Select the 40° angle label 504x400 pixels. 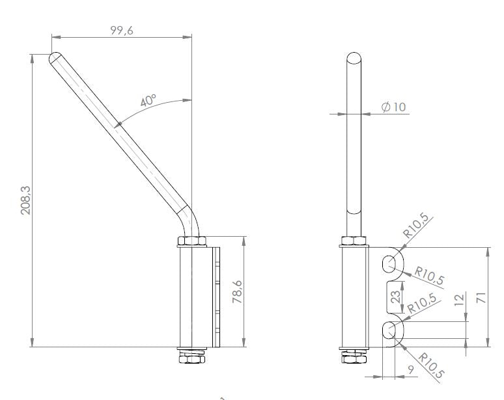pyautogui.click(x=148, y=101)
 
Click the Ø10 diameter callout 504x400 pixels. pyautogui.click(x=393, y=107)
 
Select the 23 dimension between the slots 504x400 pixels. pyautogui.click(x=395, y=300)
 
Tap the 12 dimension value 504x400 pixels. pyautogui.click(x=461, y=300)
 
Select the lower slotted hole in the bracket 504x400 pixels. pyautogui.click(x=389, y=331)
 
